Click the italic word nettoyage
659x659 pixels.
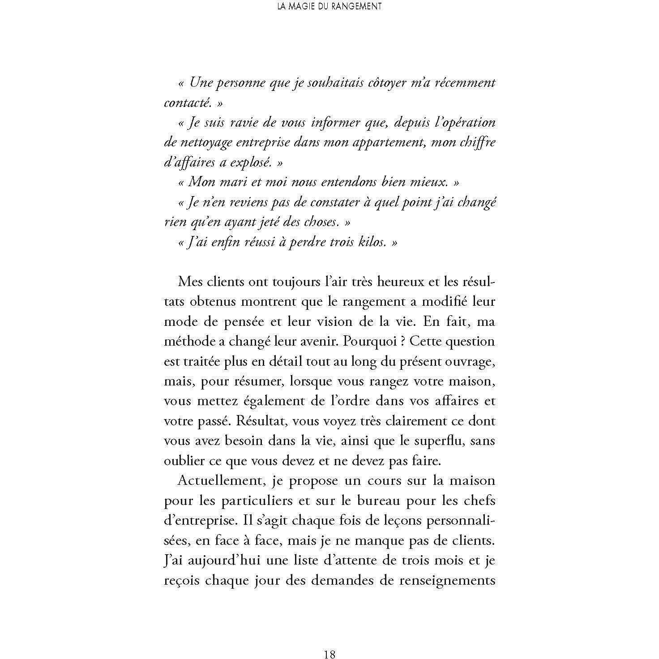[206, 143]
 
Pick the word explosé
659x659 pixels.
[251, 163]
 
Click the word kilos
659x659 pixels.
[370, 242]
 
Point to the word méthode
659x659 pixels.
[188, 342]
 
